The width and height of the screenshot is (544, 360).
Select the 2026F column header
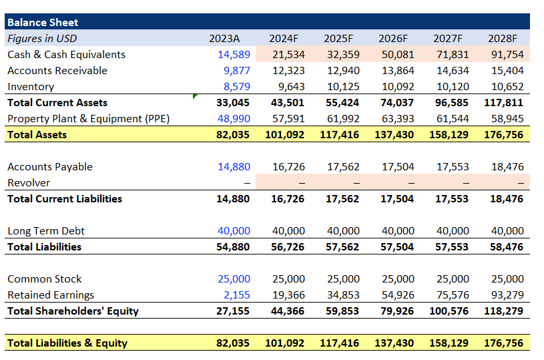tap(397, 39)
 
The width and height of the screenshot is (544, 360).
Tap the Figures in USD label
tap(41, 39)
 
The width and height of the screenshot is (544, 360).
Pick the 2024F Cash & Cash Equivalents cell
tap(288, 55)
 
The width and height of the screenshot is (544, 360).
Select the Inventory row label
tap(31, 87)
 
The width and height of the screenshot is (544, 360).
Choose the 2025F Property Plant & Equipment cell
tap(343, 119)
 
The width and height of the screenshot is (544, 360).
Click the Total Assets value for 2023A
tap(233, 135)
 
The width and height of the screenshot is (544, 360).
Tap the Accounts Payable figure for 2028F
tap(507, 167)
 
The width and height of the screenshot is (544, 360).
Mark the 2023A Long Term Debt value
tap(234, 231)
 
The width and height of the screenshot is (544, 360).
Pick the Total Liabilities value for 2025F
tap(342, 247)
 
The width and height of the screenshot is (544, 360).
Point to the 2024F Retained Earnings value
tap(288, 295)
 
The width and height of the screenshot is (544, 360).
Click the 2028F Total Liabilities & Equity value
tap(505, 343)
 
